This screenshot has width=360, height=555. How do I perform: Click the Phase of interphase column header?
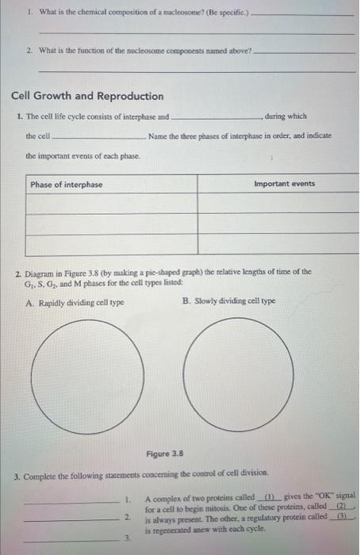point(67,184)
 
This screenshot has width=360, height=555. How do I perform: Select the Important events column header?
point(284,184)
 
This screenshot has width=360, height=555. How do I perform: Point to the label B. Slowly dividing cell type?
point(228,301)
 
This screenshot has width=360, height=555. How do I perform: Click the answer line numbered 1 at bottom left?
point(71,501)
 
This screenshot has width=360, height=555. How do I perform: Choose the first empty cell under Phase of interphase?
point(110,204)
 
